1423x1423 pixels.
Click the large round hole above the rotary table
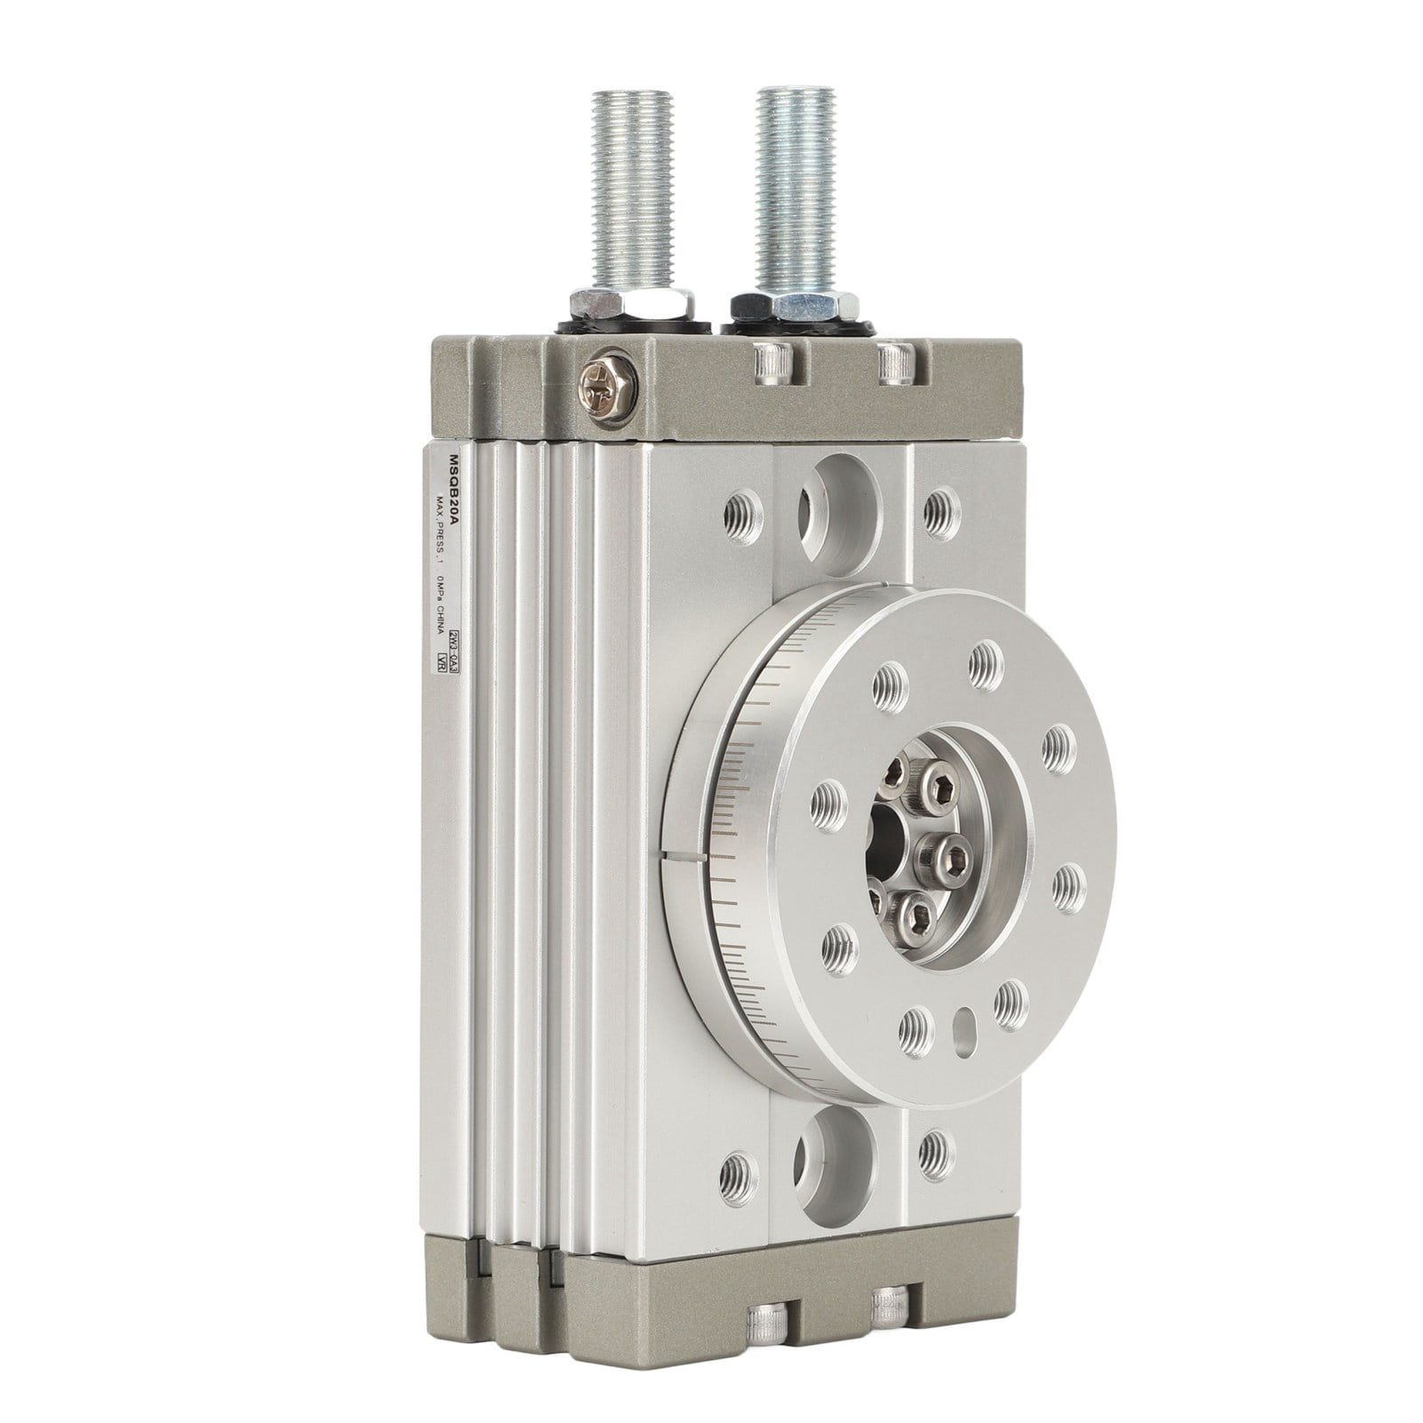point(822,512)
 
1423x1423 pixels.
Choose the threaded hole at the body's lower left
point(738,1163)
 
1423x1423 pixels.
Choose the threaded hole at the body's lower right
point(933,1153)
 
